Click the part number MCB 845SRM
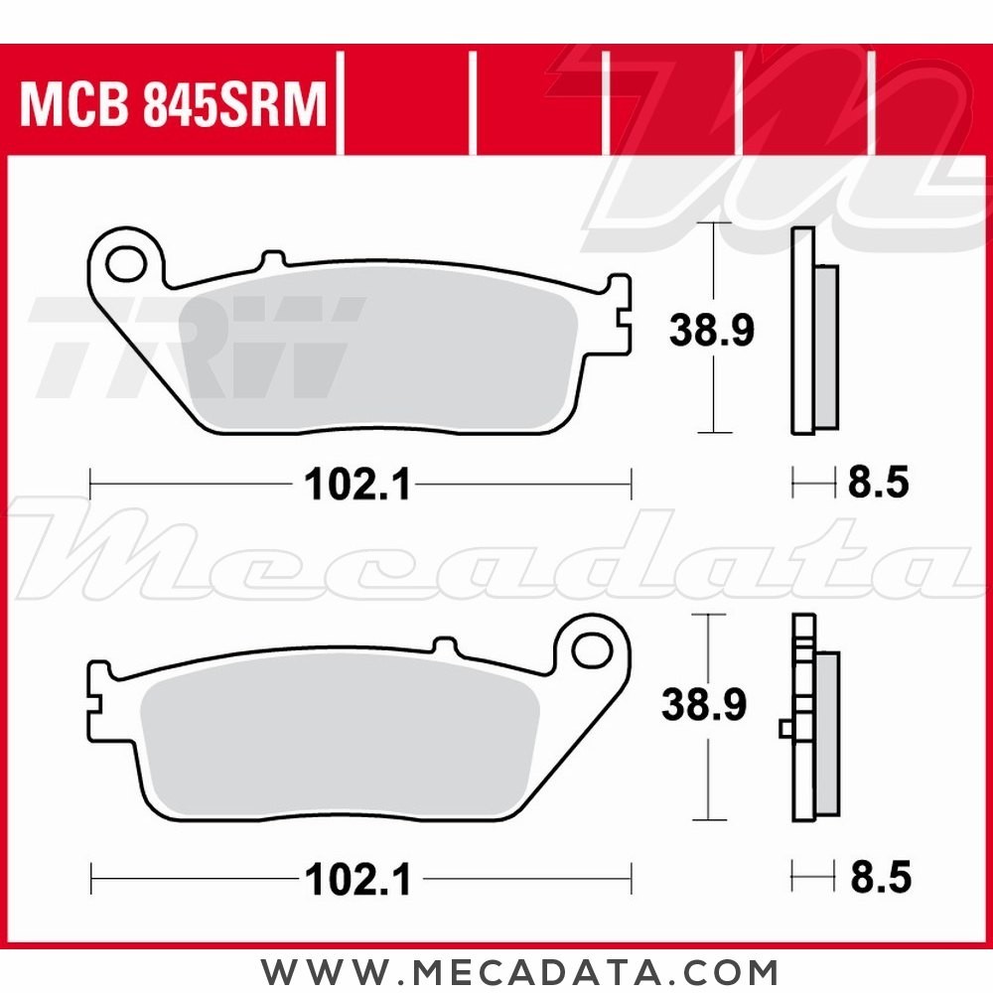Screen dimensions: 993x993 [x=173, y=105]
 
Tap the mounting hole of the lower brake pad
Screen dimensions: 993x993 [x=594, y=650]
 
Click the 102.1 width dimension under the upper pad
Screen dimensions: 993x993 [x=357, y=487]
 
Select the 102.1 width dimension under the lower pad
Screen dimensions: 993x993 [x=357, y=878]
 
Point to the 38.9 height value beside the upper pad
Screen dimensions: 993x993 [x=711, y=330]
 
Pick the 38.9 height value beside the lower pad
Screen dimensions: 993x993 [x=705, y=706]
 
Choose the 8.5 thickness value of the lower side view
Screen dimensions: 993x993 [x=880, y=878]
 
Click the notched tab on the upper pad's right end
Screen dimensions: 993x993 [x=622, y=316]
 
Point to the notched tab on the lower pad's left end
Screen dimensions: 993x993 [x=97, y=701]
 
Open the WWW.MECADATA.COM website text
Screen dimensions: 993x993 [x=519, y=970]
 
